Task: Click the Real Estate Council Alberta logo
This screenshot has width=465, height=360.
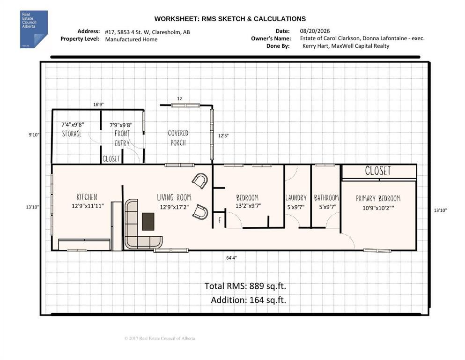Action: pos(34,29)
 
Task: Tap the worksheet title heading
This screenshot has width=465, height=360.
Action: pos(230,19)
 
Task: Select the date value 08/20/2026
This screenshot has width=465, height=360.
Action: pos(315,31)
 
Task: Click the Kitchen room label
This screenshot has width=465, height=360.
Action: pos(87,197)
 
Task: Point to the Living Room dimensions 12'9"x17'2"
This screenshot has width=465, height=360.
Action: pos(174,207)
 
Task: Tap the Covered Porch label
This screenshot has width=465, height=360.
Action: pos(178,138)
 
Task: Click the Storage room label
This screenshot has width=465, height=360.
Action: pos(72,134)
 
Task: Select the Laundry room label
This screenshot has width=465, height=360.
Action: pos(296,198)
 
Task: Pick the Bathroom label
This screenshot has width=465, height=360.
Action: pos(326,198)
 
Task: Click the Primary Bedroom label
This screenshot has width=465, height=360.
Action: pos(378,198)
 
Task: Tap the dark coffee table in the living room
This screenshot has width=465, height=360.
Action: pos(148,221)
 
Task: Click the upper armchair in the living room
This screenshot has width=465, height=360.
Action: pos(200,181)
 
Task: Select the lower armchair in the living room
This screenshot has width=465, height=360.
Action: pos(200,212)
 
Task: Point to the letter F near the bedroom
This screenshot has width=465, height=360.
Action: pos(220,220)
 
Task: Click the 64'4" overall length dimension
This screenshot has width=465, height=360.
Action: pos(232,258)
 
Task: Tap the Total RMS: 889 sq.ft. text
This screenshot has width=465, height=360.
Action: pos(245,286)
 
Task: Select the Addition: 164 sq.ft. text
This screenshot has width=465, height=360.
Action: pos(249,300)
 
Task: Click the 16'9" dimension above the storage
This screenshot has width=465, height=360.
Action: pos(98,105)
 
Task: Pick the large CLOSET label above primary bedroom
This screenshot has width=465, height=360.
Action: pos(378,171)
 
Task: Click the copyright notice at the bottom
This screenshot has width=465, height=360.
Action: pos(160,338)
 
